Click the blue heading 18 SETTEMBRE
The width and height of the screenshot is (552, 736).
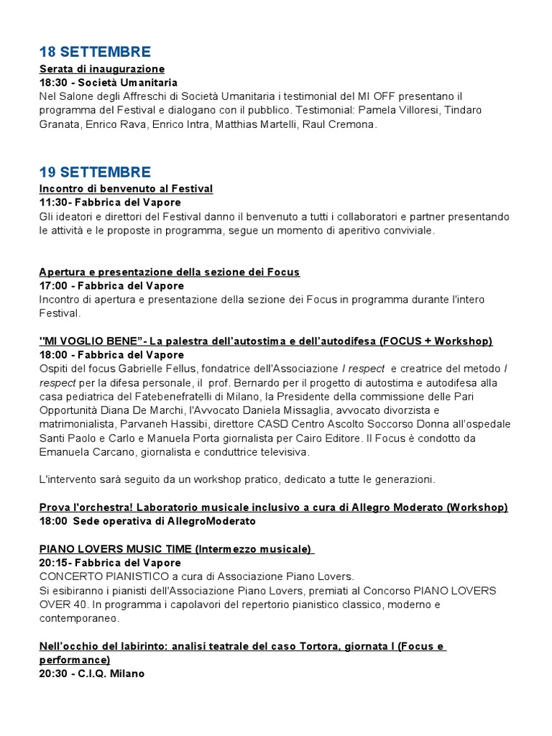click(95, 52)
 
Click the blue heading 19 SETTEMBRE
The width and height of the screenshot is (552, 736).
click(95, 172)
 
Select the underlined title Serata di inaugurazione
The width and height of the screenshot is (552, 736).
click(102, 69)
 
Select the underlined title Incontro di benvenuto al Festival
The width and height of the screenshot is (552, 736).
click(126, 189)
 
